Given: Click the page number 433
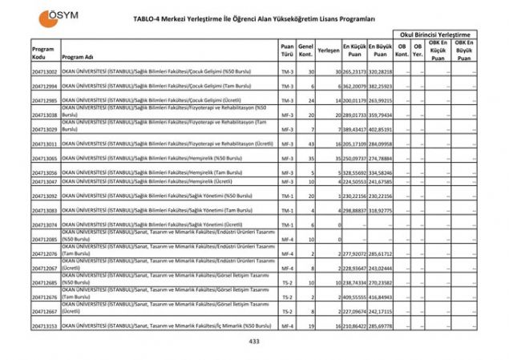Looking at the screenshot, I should (254, 341).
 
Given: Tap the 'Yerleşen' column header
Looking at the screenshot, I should (328, 50).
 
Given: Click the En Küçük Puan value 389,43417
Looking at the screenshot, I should (354, 129).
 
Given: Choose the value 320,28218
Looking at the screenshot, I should (382, 71).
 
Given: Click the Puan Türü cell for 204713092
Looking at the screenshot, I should (287, 196).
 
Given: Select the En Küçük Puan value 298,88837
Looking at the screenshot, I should (354, 210).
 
